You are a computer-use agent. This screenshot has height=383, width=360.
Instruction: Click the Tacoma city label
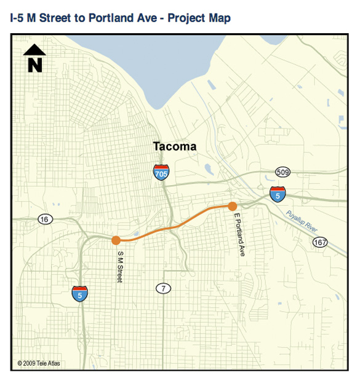[x=175, y=147]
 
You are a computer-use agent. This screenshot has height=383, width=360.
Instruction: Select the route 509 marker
[x=282, y=172]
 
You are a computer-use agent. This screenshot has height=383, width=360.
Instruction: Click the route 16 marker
[x=44, y=219]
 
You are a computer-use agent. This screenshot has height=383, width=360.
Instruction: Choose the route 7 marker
[x=162, y=288]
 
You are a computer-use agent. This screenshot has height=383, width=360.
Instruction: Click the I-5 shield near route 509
[x=278, y=194]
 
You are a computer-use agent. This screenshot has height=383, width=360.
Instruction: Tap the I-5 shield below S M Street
[x=79, y=294]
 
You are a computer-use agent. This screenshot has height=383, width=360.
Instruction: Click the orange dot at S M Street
[x=116, y=240]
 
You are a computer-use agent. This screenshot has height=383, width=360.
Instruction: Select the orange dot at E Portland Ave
[x=233, y=206]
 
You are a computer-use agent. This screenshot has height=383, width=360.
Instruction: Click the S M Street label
[x=120, y=265]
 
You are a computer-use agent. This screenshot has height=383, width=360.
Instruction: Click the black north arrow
[x=35, y=50]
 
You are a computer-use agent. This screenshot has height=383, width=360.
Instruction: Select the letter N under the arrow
[x=35, y=65]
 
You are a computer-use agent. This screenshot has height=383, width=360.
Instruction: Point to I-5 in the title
[x=18, y=18]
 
